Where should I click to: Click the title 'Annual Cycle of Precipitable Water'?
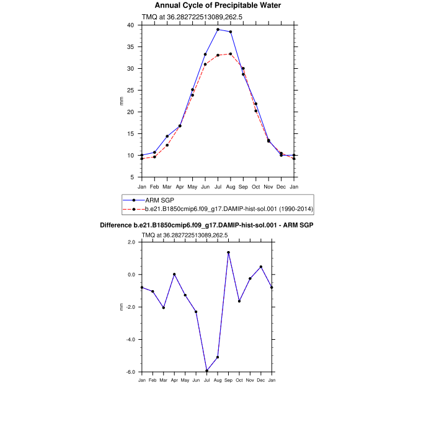tap(218, 6)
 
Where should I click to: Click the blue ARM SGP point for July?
tap(218, 30)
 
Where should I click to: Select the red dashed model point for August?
tap(231, 54)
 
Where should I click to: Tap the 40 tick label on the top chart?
tap(130, 25)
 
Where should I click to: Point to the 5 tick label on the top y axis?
tap(132, 177)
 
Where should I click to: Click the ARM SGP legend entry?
tap(160, 200)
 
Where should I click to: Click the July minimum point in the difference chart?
tap(207, 371)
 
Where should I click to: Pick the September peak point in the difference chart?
tap(229, 252)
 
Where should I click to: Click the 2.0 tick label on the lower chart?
tap(131, 242)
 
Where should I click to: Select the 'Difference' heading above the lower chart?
tap(206, 225)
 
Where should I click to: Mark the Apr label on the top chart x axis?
tap(180, 187)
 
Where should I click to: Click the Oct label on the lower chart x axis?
tap(239, 379)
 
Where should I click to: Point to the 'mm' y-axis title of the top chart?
tap(122, 101)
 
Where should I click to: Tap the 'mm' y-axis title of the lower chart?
tap(122, 307)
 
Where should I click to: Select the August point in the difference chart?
tap(218, 357)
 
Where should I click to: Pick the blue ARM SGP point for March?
tap(167, 136)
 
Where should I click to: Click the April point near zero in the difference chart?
tap(174, 274)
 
